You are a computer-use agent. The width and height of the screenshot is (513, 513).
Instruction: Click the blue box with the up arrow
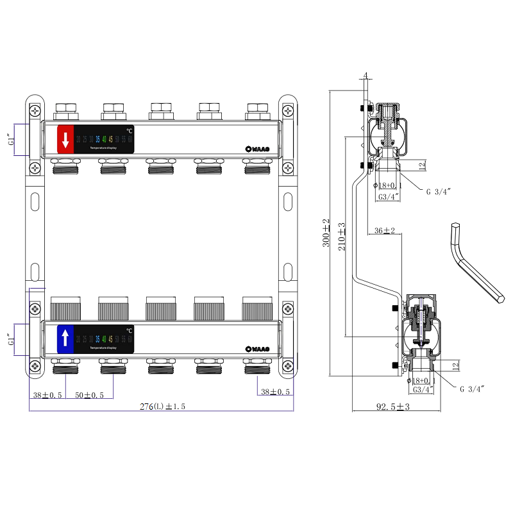pyautogui.click(x=65, y=338)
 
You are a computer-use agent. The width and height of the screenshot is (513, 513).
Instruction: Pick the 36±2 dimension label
pyautogui.click(x=384, y=230)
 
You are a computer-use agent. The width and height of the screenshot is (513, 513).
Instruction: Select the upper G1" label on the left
pyautogui.click(x=10, y=140)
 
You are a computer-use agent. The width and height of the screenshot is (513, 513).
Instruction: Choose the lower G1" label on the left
pyautogui.click(x=10, y=337)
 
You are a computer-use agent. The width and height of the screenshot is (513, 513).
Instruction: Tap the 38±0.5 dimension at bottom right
pyautogui.click(x=274, y=392)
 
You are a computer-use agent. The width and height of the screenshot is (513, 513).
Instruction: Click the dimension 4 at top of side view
pyautogui.click(x=366, y=76)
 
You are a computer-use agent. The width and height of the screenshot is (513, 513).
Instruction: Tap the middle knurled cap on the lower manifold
pyautogui.click(x=160, y=308)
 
